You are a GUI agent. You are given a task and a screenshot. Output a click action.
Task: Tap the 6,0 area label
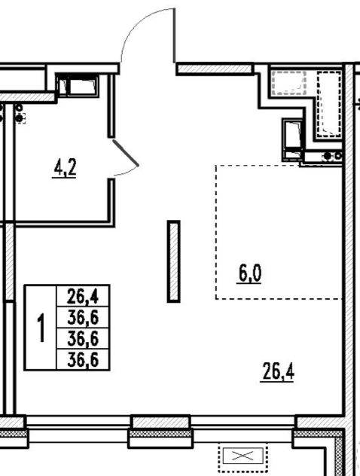pos(249,274)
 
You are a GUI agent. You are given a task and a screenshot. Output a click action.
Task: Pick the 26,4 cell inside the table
pos(83,296)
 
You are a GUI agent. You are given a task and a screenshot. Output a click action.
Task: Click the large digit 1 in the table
pos(41,328)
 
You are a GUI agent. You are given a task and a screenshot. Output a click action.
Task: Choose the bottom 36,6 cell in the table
pos(83,360)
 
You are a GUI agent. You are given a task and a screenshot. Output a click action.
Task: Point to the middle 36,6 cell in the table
pos(83,338)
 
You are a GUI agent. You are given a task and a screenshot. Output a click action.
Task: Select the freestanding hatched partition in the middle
pos(174,261)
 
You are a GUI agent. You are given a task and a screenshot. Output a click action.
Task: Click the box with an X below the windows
pos(243,456)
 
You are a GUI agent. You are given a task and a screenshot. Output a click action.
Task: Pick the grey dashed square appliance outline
pos(288,83)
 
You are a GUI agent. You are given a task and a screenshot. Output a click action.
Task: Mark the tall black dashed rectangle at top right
pos(329,104)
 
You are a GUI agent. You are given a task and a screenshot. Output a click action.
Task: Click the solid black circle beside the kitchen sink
pos(328,156)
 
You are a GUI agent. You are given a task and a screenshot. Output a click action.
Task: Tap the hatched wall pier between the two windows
pos(161,423)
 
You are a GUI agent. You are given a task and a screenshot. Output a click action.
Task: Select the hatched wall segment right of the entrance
pos(215,69)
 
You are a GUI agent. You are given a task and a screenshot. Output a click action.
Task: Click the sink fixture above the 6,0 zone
pos(293,139)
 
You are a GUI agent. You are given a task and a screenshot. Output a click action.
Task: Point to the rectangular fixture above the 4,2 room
pos(78,85)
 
